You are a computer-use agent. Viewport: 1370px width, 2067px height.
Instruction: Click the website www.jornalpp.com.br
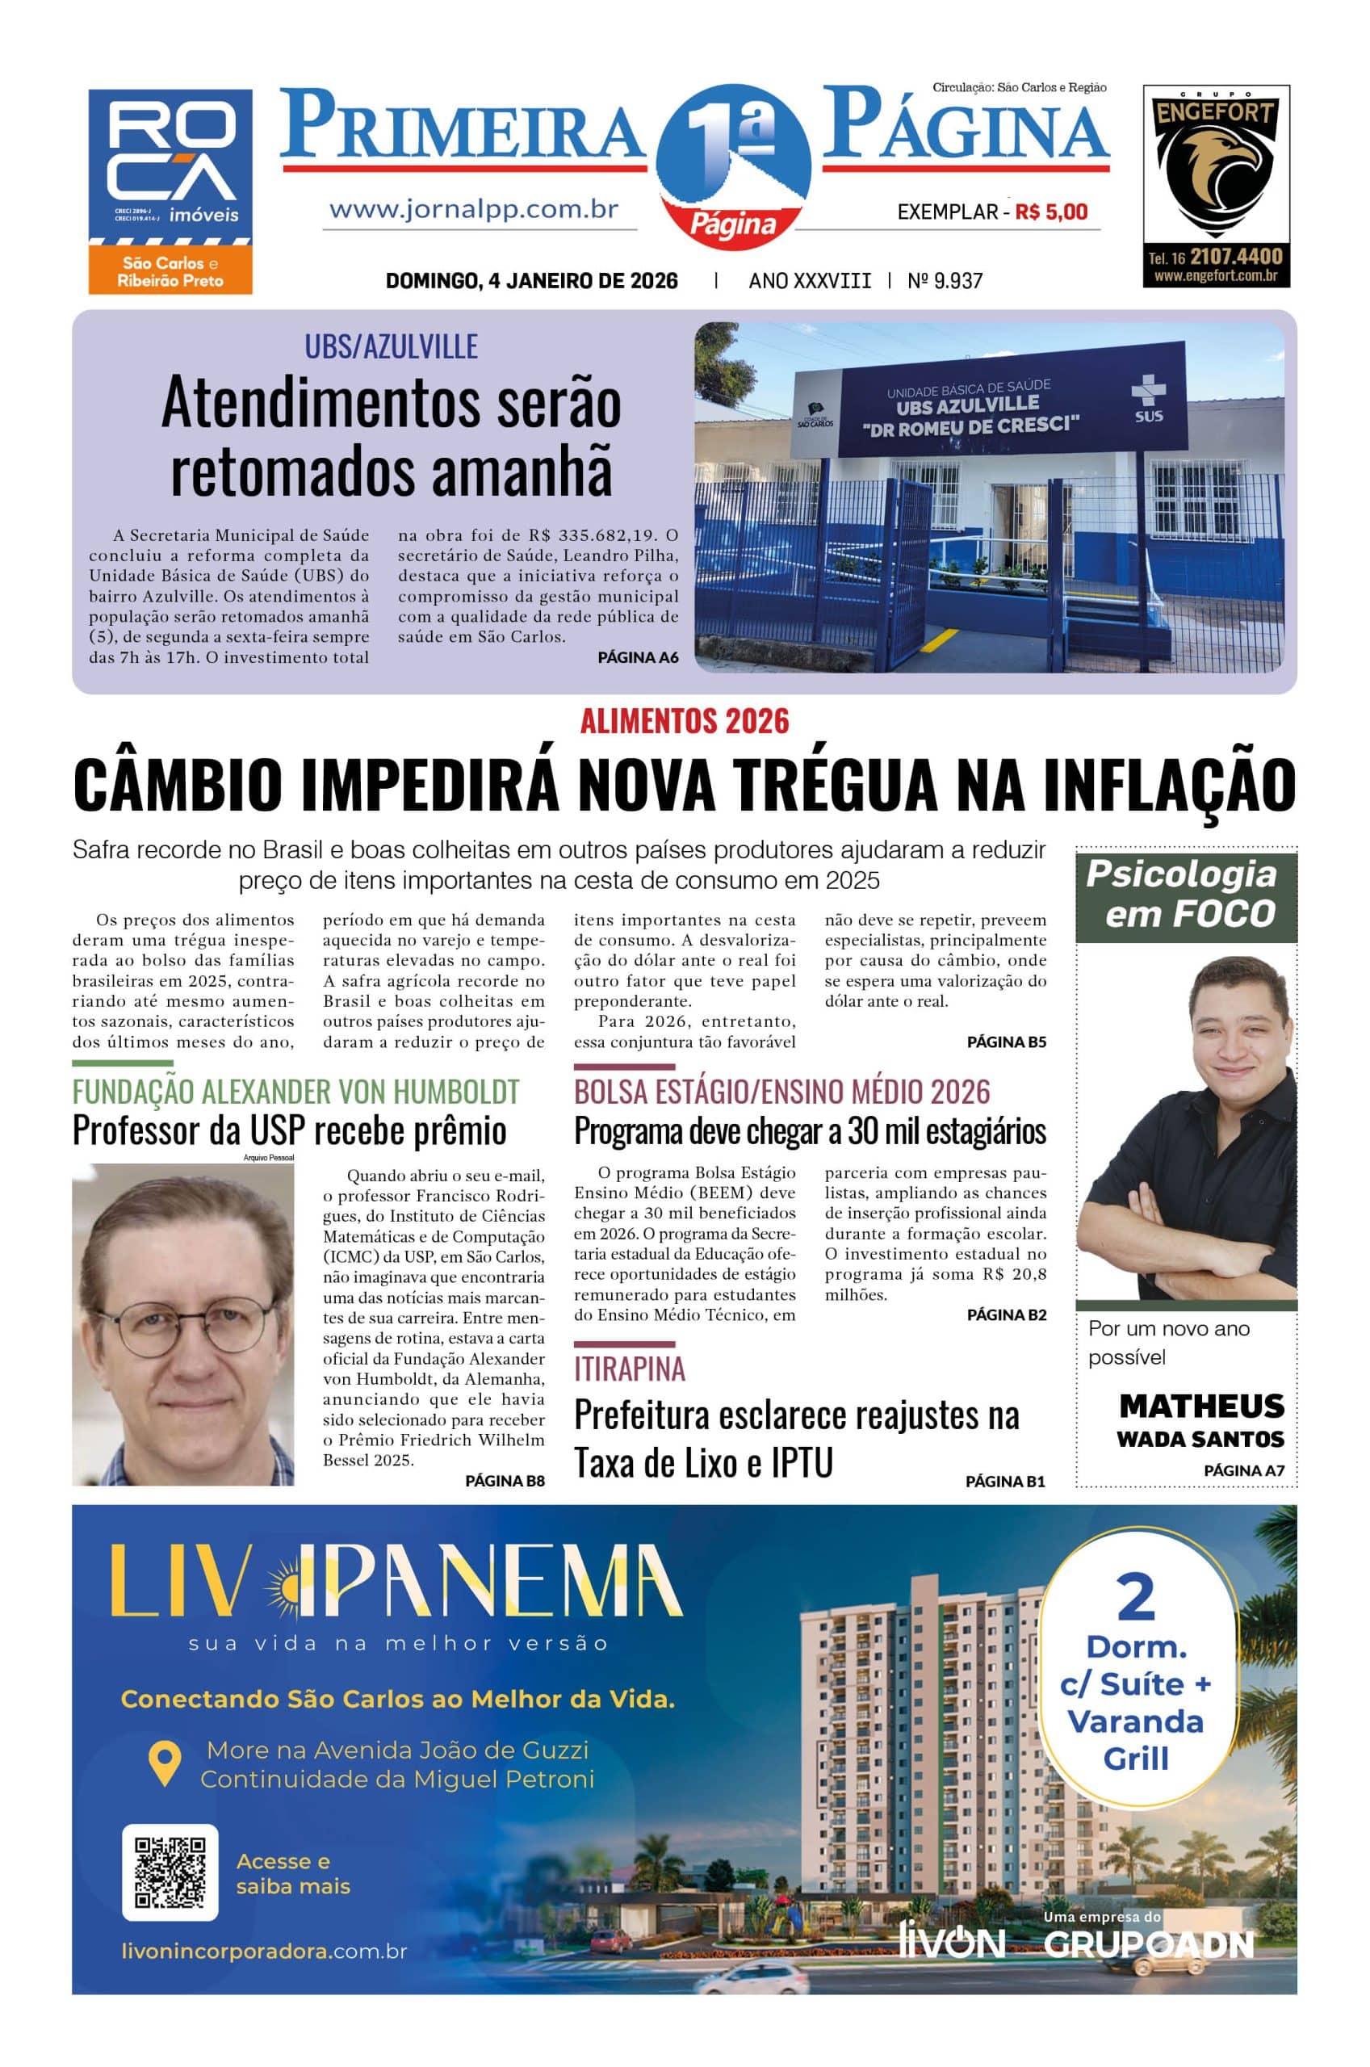point(474,210)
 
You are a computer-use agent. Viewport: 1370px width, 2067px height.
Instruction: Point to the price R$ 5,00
point(1051,212)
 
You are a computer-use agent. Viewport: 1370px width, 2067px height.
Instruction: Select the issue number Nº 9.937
point(945,280)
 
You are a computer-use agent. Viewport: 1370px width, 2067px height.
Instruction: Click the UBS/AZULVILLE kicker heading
point(391,347)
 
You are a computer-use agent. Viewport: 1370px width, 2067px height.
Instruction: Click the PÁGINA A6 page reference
point(637,657)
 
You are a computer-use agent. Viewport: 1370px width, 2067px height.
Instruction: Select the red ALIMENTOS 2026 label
point(684,721)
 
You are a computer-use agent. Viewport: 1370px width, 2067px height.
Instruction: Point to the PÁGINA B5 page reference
point(1006,1042)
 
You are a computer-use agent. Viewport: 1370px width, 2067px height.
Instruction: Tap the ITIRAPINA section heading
point(629,1368)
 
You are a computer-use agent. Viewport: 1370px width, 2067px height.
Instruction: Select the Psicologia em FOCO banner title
point(1186,895)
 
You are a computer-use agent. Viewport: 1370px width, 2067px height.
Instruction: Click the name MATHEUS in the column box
point(1201,1406)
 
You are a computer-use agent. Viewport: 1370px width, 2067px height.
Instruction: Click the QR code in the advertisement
point(170,1872)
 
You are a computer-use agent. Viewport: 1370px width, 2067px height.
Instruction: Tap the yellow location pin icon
point(164,1763)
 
